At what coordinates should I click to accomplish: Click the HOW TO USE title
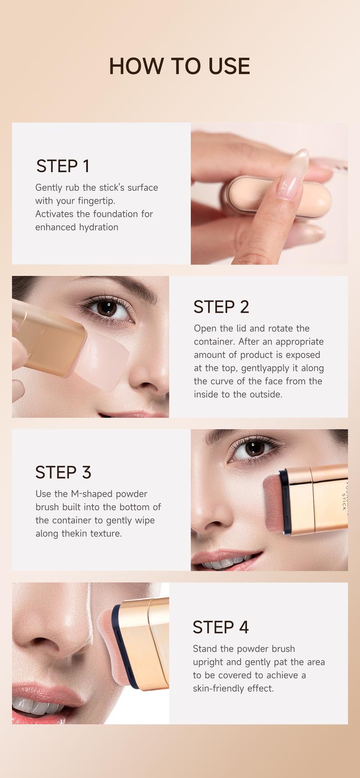point(180,66)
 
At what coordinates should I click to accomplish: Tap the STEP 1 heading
point(63,166)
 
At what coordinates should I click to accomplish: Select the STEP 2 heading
point(221,307)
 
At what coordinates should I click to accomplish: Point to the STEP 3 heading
point(63,472)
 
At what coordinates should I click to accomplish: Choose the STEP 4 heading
point(220,627)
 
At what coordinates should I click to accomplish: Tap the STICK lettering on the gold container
point(344,501)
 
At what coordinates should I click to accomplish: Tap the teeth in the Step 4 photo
point(36,708)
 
